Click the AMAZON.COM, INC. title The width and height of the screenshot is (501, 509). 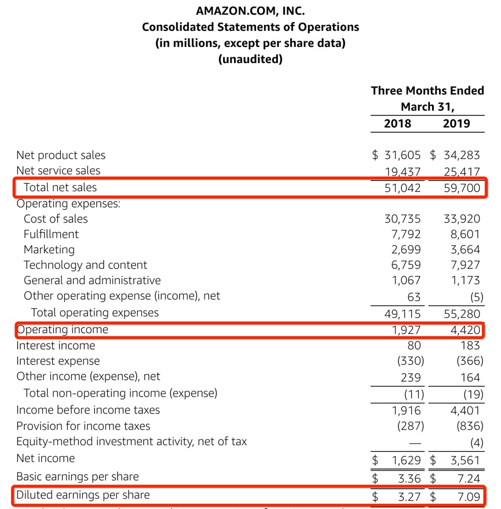tap(250, 11)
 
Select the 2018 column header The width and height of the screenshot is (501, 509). tap(397, 123)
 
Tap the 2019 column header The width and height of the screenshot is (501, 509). tap(456, 123)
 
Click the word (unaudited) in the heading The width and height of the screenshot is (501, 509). tap(250, 59)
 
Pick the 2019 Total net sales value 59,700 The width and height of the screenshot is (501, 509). tap(461, 188)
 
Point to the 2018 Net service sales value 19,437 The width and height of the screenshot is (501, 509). tap(403, 170)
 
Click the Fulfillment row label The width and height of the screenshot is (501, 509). tap(51, 234)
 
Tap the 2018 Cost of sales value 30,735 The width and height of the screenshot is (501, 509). tap(403, 219)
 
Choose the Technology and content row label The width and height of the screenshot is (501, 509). tap(85, 265)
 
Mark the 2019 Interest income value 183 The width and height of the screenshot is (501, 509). tap(470, 346)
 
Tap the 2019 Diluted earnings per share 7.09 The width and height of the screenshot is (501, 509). tap(468, 496)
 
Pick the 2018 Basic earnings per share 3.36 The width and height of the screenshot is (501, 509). tap(409, 478)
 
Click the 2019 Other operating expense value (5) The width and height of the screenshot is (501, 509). tap(473, 297)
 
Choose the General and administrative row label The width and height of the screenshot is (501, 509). tap(92, 281)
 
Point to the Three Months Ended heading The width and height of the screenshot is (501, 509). tap(427, 90)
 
